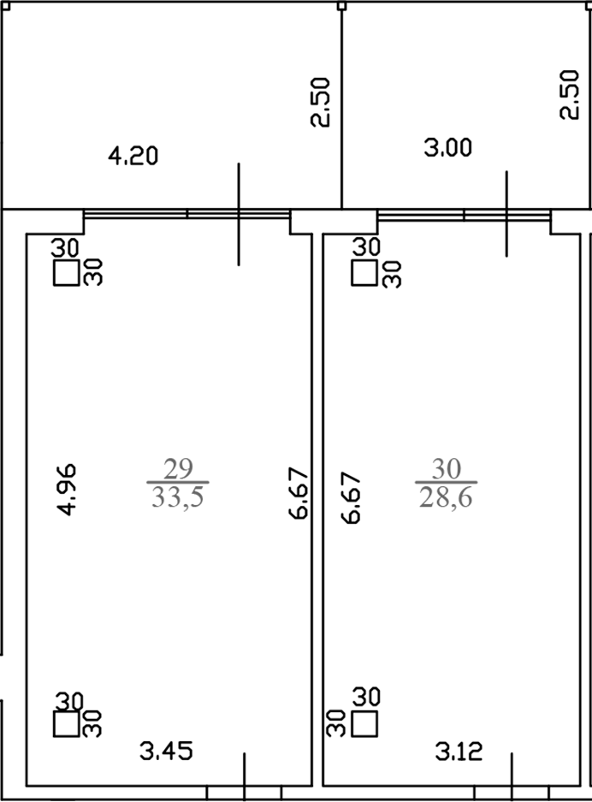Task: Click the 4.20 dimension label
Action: pos(133,156)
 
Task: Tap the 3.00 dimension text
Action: pos(447,148)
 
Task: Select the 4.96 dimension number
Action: pos(67,490)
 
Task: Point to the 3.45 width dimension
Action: pos(166,752)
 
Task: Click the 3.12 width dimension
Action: pos(459,752)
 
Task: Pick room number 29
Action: pos(178,468)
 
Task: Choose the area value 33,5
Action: pos(177,497)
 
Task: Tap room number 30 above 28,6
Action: pos(447,468)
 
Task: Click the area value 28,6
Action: pos(446,497)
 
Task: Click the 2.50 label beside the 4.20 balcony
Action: pos(321,102)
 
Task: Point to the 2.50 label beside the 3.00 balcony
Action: pos(569,95)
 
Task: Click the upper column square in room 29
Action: pos(67,273)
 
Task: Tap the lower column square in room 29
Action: pos(67,724)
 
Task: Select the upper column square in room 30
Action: pos(364,273)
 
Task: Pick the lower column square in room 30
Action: pos(365,724)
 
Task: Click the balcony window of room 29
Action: pos(187,214)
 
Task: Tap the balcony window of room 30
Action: pos(464,214)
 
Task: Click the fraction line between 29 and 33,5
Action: pos(177,482)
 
